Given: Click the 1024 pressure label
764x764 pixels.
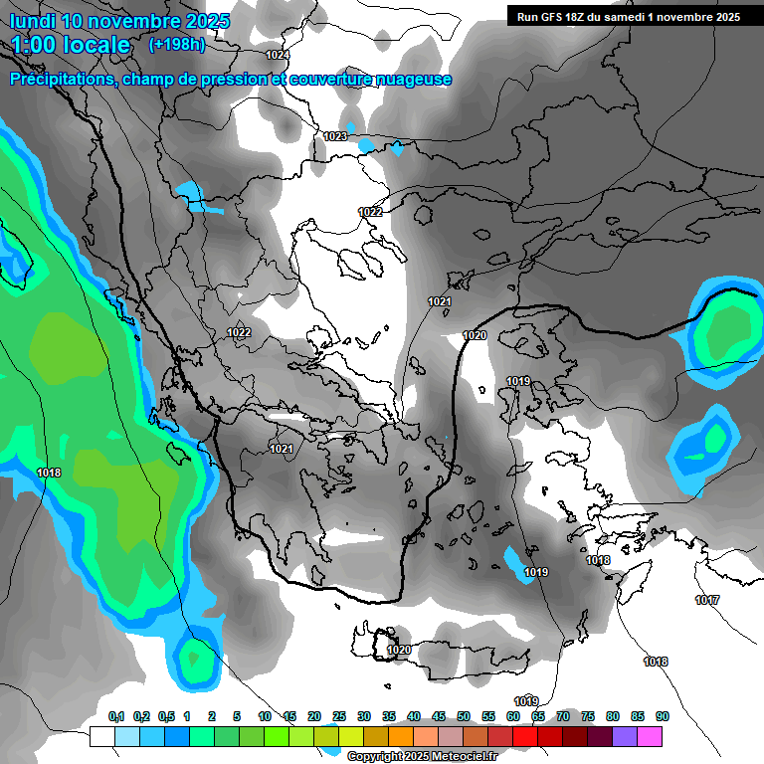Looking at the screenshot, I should pyautogui.click(x=278, y=55).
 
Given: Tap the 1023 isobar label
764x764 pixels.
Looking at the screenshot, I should pyautogui.click(x=335, y=136).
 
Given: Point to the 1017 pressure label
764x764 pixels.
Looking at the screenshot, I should pyautogui.click(x=707, y=600).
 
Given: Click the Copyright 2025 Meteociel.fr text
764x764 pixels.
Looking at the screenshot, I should pyautogui.click(x=419, y=757).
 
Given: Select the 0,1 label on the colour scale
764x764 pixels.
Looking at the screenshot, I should pyautogui.click(x=115, y=716).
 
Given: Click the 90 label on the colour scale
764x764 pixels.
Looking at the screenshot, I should pyautogui.click(x=662, y=716).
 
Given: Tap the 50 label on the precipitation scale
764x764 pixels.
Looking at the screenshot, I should pyautogui.click(x=464, y=716).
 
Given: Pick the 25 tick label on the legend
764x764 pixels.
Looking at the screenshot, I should pyautogui.click(x=339, y=716).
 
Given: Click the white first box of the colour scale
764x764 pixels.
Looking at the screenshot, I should pyautogui.click(x=101, y=736).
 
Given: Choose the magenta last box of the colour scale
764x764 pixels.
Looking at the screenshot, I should pyautogui.click(x=650, y=736).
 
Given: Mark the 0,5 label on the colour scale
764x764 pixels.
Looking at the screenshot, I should pyautogui.click(x=166, y=716).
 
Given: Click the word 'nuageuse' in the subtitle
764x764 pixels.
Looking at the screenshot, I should pyautogui.click(x=412, y=80).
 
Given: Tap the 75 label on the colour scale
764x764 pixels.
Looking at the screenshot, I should pyautogui.click(x=588, y=716).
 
